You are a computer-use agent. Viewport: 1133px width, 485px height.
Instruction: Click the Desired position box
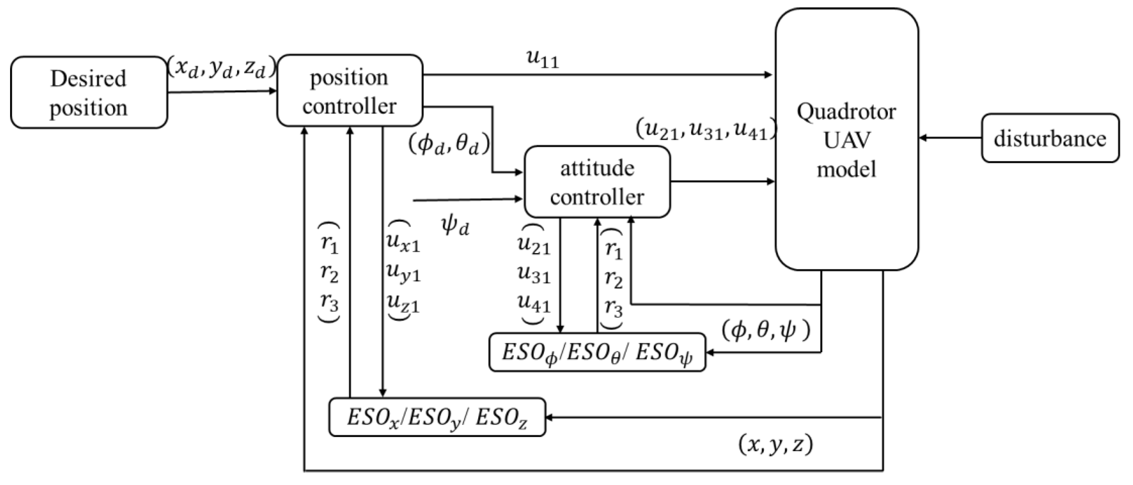click(x=89, y=93)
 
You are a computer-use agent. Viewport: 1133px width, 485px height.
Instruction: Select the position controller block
click(x=350, y=91)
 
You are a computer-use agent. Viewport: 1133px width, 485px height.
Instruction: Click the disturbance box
click(x=1050, y=139)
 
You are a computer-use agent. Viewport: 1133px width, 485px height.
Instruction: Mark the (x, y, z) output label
click(x=775, y=445)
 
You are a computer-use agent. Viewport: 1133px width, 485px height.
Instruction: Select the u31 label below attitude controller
click(x=534, y=275)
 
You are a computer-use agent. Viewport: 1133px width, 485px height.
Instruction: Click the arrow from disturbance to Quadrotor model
click(x=950, y=138)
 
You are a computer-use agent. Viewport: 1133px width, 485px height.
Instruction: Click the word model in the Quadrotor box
click(x=847, y=170)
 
